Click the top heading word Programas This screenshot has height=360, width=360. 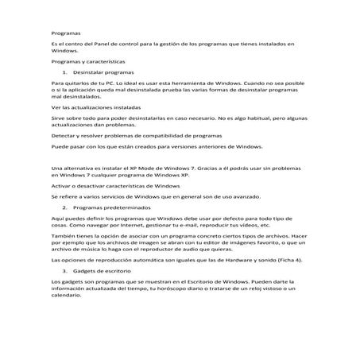pyautogui.click(x=65, y=34)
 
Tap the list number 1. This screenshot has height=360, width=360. pyautogui.click(x=64, y=72)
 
